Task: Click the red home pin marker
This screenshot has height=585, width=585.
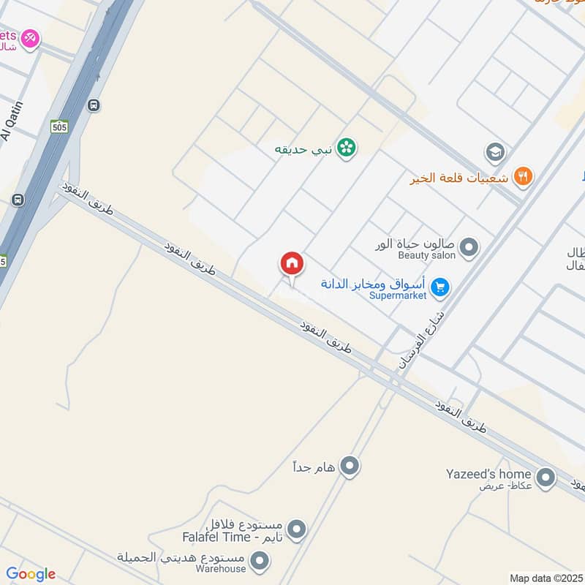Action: pos(291,264)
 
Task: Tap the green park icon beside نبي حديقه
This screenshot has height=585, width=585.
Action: pos(347,148)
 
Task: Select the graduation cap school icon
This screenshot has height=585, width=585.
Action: pos(495,152)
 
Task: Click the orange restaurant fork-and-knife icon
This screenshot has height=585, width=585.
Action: pos(523,176)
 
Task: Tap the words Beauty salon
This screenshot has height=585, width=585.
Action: pos(426,255)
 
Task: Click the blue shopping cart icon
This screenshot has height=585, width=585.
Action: pos(439,287)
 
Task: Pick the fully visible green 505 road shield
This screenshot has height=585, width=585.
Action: pos(60,127)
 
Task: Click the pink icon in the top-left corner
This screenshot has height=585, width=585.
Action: pos(29,37)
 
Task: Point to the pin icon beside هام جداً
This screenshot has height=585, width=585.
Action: pos(350,465)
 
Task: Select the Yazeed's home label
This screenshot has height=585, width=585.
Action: pos(488,474)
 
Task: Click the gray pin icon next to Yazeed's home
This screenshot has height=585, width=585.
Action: pos(545,478)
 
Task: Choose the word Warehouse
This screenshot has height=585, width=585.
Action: pos(222,569)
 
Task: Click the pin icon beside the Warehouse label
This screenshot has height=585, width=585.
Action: pos(258,562)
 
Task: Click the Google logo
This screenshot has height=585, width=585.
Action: pos(31,574)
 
